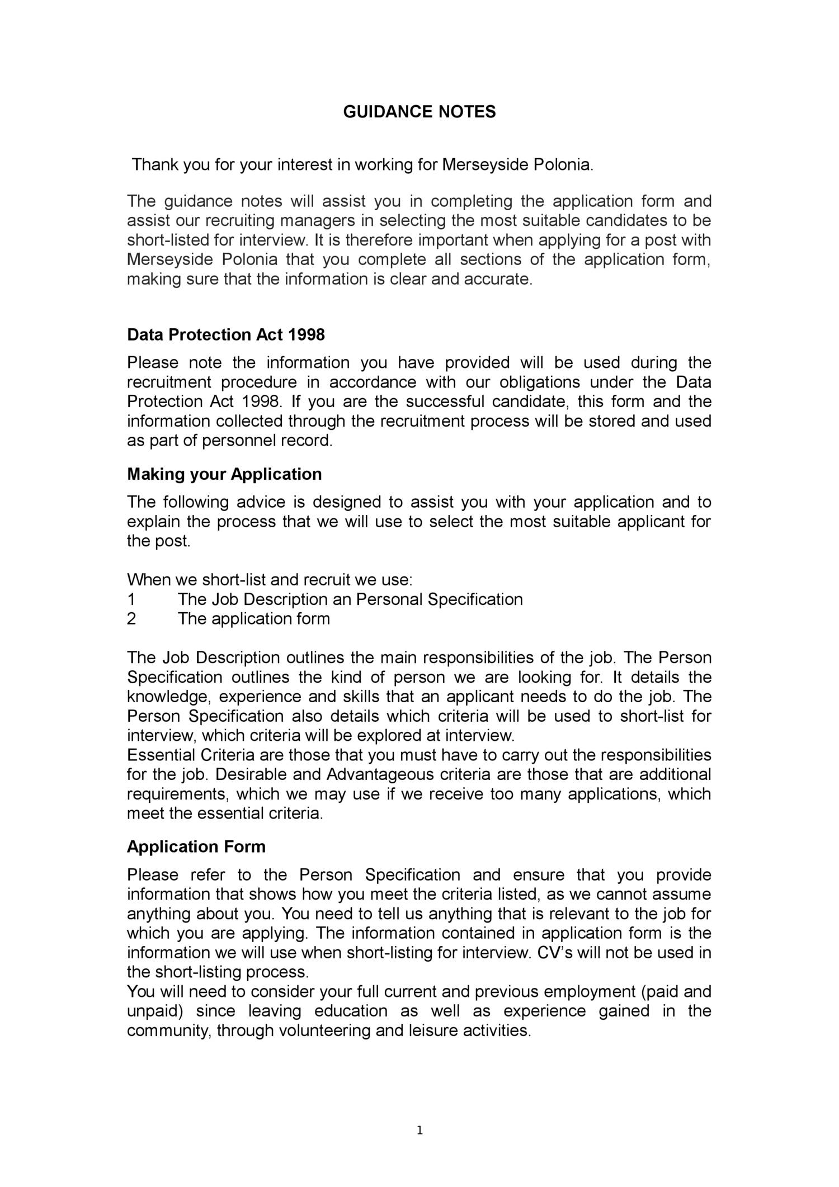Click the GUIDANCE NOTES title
pyautogui.click(x=419, y=112)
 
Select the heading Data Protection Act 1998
pyautogui.click(x=225, y=334)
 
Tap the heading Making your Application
pyautogui.click(x=224, y=474)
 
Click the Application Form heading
pyautogui.click(x=196, y=846)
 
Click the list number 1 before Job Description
pyautogui.click(x=131, y=599)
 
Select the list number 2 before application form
pyautogui.click(x=131, y=619)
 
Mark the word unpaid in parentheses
pyautogui.click(x=157, y=1011)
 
